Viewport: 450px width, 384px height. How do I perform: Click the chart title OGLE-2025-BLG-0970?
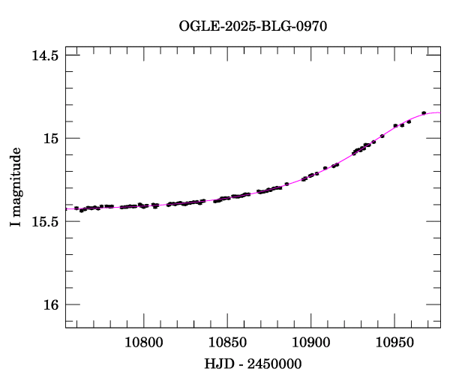pyautogui.click(x=253, y=25)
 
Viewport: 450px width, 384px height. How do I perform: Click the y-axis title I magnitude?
pyautogui.click(x=16, y=187)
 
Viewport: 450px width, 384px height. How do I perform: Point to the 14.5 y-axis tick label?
pyautogui.click(x=45, y=55)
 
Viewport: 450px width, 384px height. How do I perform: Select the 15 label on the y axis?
pyautogui.click(x=50, y=139)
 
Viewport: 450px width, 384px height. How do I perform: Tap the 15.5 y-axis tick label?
pyautogui.click(x=45, y=222)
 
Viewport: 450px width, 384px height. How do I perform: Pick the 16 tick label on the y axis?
pyautogui.click(x=50, y=304)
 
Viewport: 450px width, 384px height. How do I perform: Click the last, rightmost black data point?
pyautogui.click(x=424, y=112)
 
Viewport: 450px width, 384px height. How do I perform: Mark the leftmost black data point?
pyautogui.click(x=76, y=208)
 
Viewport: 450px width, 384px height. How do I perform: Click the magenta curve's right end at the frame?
pyautogui.click(x=440, y=112)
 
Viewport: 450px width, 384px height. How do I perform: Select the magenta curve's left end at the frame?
pyautogui.click(x=66, y=209)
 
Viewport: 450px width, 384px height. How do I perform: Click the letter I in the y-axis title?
pyautogui.click(x=16, y=225)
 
